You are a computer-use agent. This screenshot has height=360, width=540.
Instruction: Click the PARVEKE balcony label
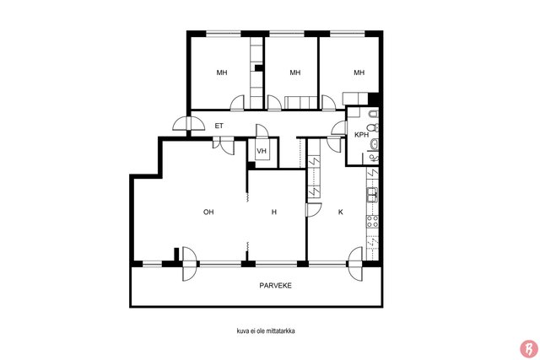coord(275,286)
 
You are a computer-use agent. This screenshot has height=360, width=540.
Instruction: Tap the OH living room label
coord(208,212)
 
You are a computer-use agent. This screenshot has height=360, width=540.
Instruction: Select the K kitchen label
coord(340,212)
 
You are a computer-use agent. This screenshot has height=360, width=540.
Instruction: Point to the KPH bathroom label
coord(361,135)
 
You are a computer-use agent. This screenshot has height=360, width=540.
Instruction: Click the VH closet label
coord(262,151)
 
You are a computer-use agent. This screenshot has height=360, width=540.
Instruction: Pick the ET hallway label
coord(219,126)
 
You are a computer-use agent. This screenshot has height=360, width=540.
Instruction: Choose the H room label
coord(274,212)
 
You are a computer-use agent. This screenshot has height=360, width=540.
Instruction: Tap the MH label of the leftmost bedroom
coord(222,73)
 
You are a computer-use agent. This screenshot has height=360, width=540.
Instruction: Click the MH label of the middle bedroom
coord(294,73)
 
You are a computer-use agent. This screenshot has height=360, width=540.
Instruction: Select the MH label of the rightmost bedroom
coord(359,73)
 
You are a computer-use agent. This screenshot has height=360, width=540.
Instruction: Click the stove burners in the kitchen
coord(372,221)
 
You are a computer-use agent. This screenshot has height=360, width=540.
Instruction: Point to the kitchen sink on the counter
coord(372,195)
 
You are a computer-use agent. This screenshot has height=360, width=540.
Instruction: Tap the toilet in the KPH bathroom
coord(374,127)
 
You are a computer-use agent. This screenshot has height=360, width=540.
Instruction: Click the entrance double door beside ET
coord(188,123)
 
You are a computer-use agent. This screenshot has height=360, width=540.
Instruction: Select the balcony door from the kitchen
coord(355,264)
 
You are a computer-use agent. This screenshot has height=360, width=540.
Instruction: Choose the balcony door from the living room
coord(189,264)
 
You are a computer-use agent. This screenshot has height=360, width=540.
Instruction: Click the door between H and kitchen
coord(313,210)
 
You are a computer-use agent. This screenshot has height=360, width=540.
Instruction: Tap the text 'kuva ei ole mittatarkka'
coord(266,331)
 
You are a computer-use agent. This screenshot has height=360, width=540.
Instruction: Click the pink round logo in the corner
coord(529,349)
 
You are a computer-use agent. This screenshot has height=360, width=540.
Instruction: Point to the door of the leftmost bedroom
coord(237,103)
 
